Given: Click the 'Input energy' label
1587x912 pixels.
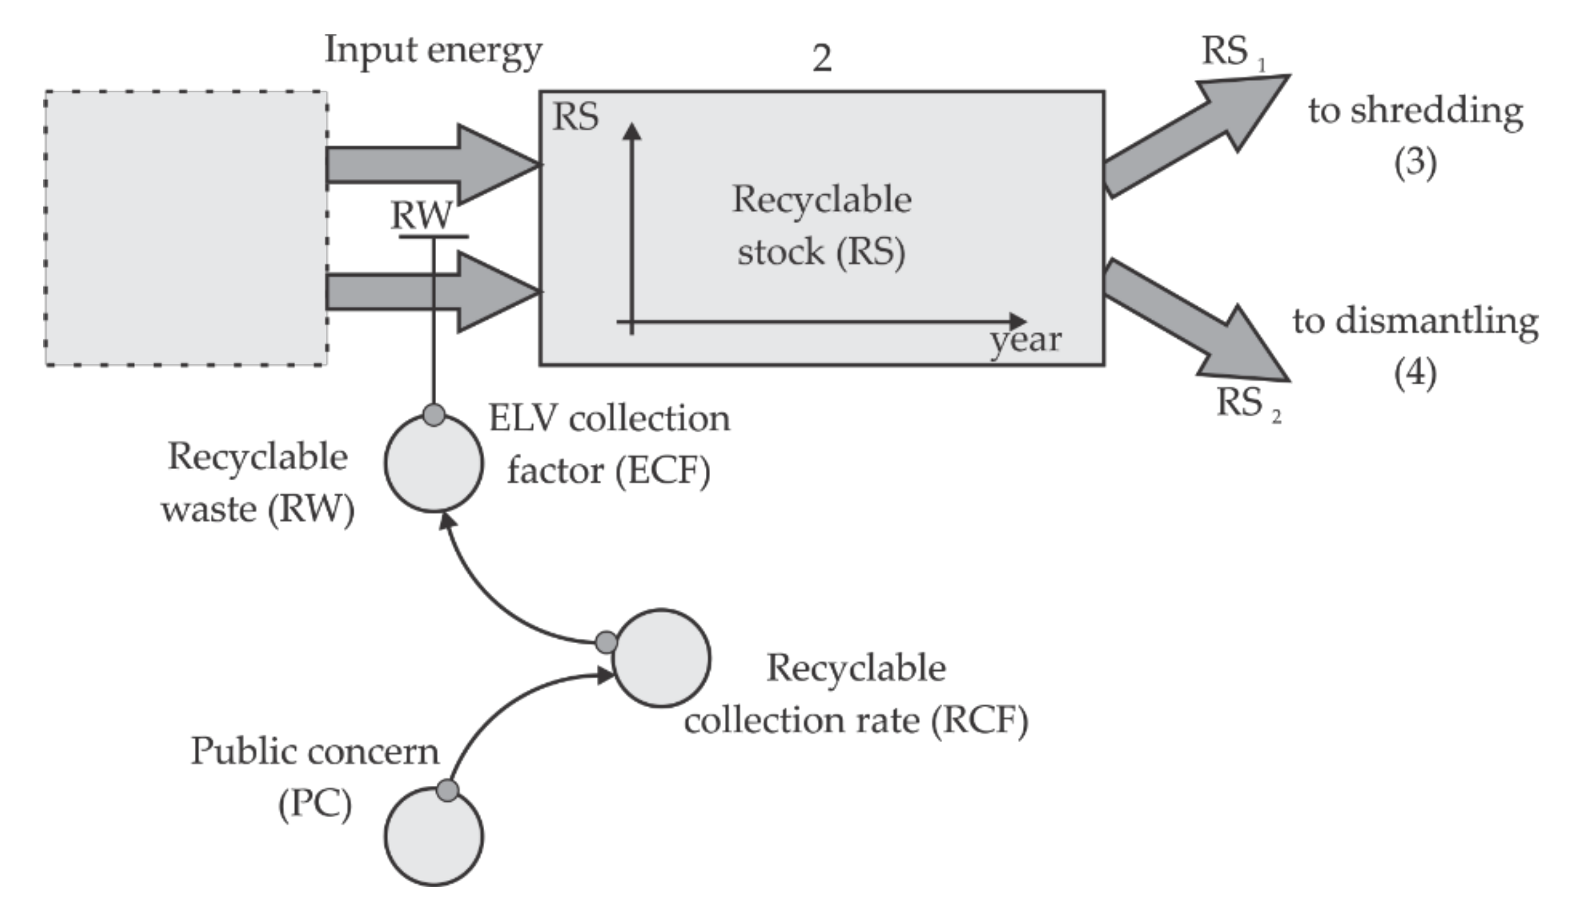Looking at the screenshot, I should [433, 51].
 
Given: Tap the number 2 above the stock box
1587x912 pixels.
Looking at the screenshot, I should [822, 59].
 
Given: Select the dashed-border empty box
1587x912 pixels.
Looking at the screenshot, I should [185, 229].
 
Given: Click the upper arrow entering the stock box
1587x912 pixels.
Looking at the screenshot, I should [433, 165].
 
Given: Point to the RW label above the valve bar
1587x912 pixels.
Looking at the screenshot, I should [421, 216].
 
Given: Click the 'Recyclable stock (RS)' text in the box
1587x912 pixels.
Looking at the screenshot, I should [822, 226].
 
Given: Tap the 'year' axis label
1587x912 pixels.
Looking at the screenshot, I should [1025, 341].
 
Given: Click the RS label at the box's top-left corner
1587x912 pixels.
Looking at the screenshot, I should [575, 117].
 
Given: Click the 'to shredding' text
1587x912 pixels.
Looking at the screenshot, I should [1415, 111].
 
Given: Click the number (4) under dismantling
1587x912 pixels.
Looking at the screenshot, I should [1415, 374].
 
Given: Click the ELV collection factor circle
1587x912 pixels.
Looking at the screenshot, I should [434, 464].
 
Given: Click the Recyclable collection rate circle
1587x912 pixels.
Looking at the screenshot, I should [661, 659].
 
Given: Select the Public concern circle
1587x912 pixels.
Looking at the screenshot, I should [434, 837].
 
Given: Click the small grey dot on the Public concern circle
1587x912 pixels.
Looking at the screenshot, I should [447, 791].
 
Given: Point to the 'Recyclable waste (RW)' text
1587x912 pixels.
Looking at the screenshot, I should [258, 482].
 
